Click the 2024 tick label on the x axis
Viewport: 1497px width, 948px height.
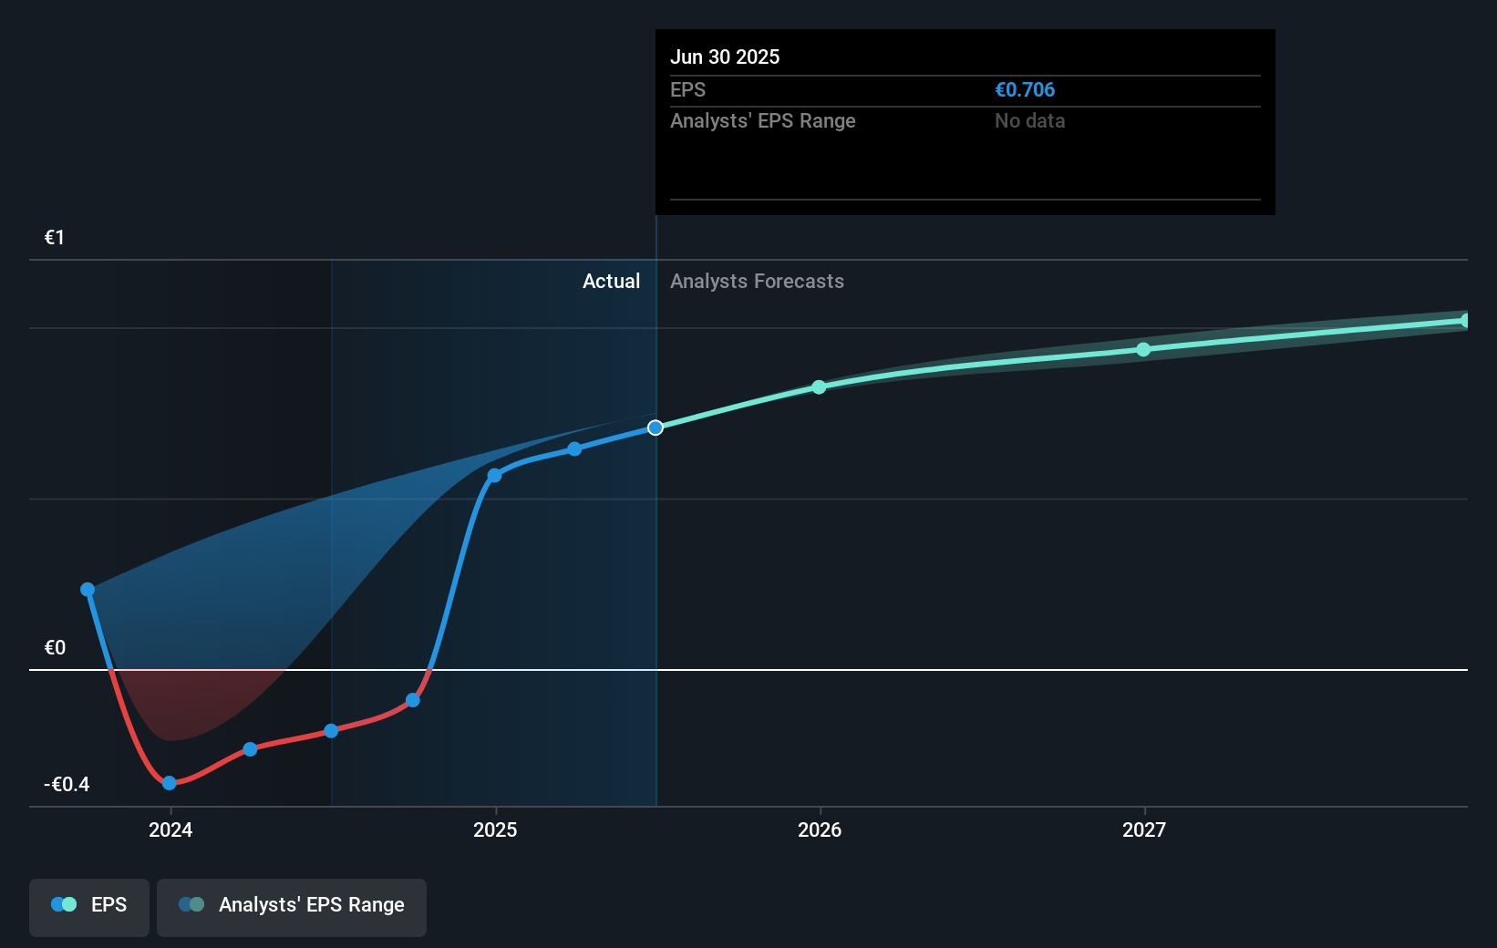[170, 829]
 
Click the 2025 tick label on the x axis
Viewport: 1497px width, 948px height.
[495, 829]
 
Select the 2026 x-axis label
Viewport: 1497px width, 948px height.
[820, 829]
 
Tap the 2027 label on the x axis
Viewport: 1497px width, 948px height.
[1144, 829]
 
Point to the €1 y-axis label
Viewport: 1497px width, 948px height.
[55, 238]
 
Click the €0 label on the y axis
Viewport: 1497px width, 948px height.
[55, 648]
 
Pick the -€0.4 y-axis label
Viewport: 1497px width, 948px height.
[67, 785]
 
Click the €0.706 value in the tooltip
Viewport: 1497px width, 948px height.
[1025, 90]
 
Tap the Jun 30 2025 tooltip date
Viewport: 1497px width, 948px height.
[725, 57]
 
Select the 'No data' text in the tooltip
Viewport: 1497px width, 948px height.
[1029, 121]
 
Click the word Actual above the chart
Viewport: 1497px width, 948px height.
[611, 282]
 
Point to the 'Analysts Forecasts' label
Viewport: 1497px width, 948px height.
[757, 282]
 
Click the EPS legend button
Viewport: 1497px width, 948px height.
[89, 905]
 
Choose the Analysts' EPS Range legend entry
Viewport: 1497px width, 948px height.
[292, 905]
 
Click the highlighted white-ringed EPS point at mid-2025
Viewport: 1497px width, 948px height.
[656, 428]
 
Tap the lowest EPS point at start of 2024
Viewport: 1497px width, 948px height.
[170, 783]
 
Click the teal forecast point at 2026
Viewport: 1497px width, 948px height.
[819, 387]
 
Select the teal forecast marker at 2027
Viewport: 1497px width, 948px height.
[1143, 350]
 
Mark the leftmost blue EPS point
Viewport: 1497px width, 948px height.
[88, 590]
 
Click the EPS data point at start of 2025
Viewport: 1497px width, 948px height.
[494, 476]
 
